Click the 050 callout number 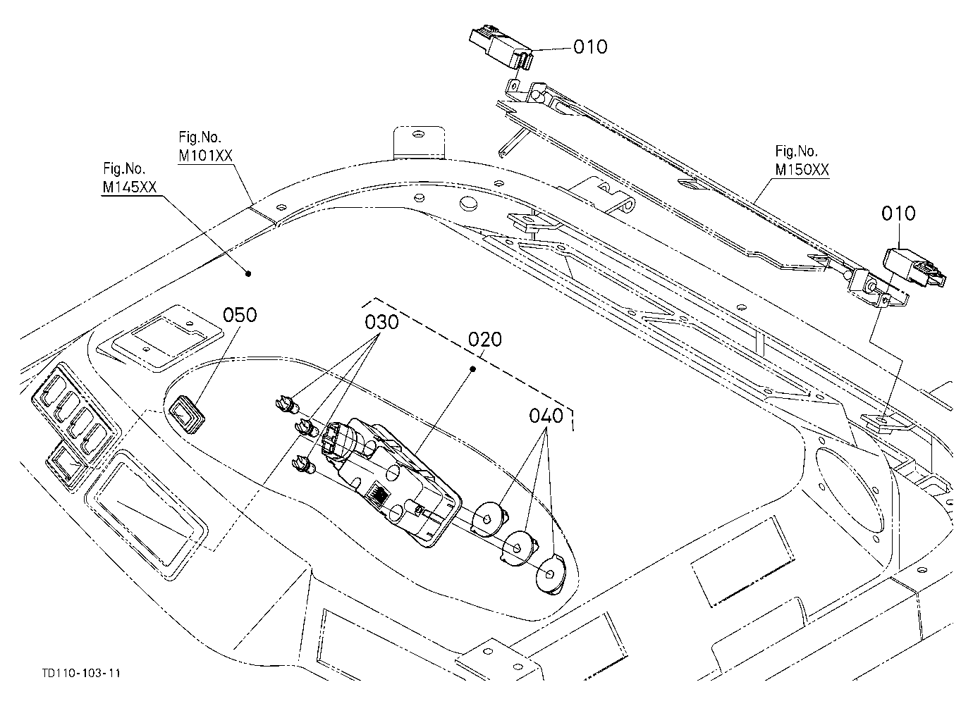click(240, 315)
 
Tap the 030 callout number click(381, 322)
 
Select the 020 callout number click(485, 339)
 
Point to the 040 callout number click(546, 416)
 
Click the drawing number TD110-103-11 click(81, 673)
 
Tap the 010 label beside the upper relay click(590, 47)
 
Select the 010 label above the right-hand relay click(898, 213)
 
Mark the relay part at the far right click(914, 268)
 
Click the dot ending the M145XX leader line click(248, 273)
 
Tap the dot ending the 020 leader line click(473, 369)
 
